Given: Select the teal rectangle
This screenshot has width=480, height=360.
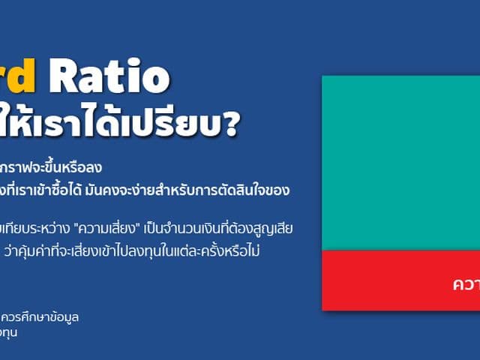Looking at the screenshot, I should tap(400, 163).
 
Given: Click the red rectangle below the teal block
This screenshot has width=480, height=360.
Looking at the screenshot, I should tap(400, 280).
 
